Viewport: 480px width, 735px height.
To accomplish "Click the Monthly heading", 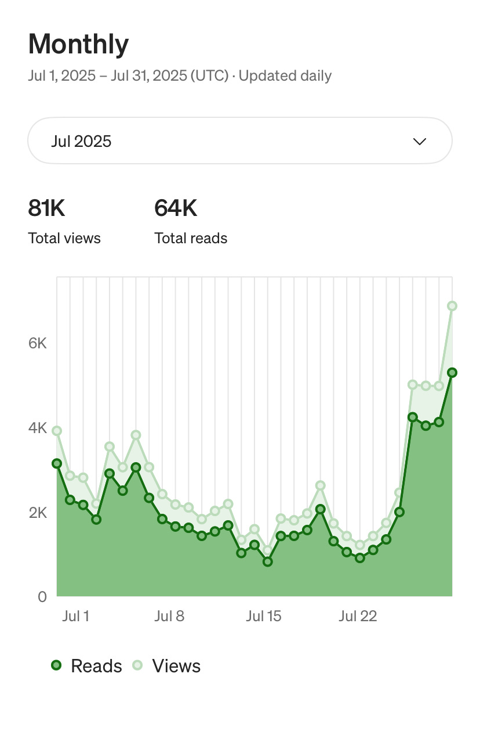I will [x=78, y=44].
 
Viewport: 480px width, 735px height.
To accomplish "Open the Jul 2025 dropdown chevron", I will [x=419, y=142].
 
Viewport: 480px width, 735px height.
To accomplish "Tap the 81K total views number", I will [x=46, y=208].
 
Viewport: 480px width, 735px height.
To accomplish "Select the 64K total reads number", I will [x=176, y=208].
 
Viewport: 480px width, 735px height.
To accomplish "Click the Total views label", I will [x=64, y=238].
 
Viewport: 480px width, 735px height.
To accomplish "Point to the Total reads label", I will [x=191, y=238].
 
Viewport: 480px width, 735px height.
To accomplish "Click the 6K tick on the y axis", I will [x=38, y=343].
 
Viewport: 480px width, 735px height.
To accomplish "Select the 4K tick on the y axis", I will [x=38, y=428].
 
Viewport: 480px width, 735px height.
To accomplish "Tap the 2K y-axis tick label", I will [x=38, y=513].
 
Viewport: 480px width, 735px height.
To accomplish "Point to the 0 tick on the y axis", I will [x=42, y=597].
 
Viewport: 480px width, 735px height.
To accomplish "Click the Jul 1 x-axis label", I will [x=75, y=616].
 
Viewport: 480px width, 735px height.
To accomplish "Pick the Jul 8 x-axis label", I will [x=169, y=616].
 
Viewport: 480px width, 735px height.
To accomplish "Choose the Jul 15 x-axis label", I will [x=263, y=616].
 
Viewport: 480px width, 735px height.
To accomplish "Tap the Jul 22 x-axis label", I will [x=357, y=616].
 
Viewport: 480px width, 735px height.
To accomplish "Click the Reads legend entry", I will [x=87, y=666].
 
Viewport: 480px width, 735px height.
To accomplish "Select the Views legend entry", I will [x=167, y=666].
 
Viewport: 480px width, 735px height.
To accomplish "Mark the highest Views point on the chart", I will [x=452, y=306].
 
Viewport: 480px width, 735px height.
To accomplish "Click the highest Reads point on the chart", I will [x=452, y=373].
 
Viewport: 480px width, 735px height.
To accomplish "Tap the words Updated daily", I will [x=285, y=76].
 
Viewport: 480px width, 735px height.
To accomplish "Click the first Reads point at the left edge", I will [x=57, y=463].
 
